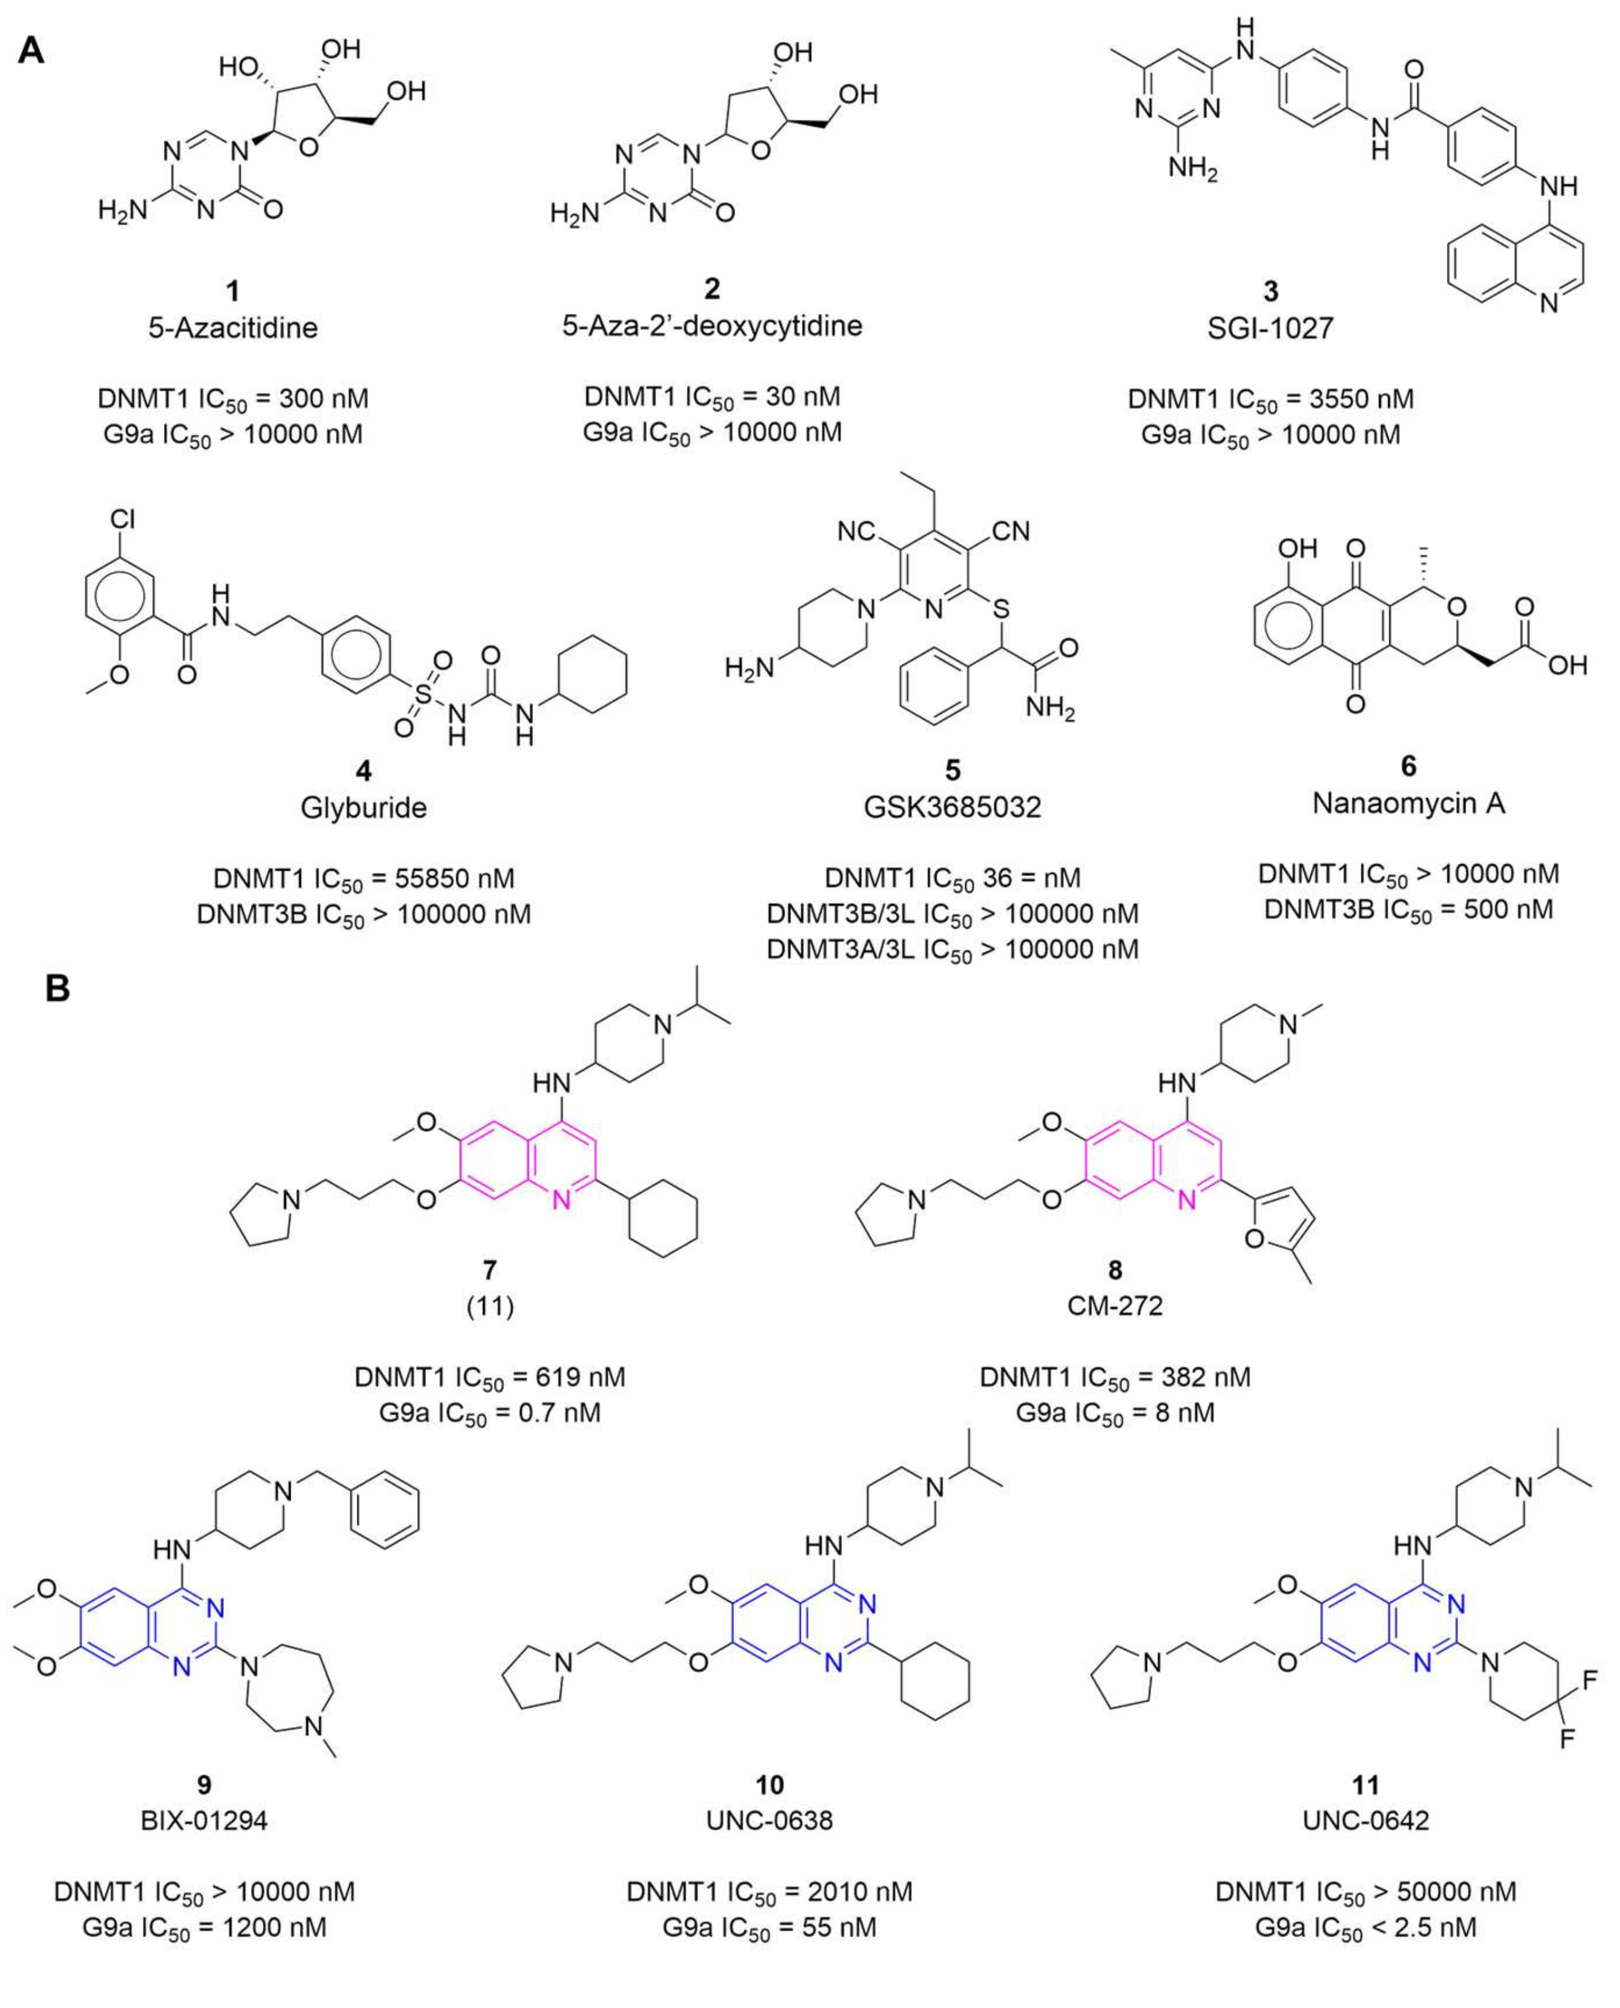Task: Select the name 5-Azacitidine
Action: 232,328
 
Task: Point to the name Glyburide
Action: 363,807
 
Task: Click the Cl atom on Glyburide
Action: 122,519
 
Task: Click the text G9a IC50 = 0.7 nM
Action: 489,1413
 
